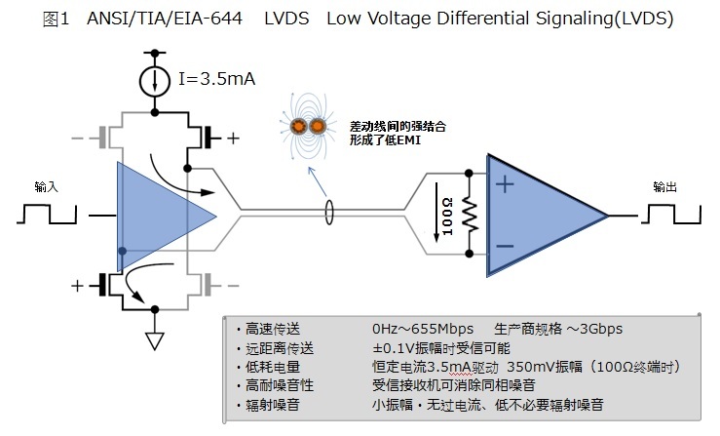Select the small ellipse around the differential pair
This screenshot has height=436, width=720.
329,210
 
